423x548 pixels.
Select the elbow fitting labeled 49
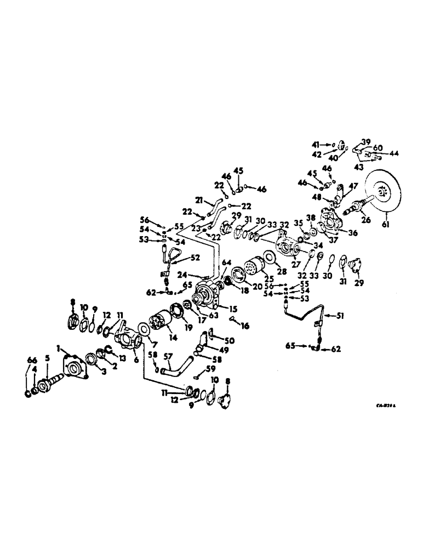coord(202,338)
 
